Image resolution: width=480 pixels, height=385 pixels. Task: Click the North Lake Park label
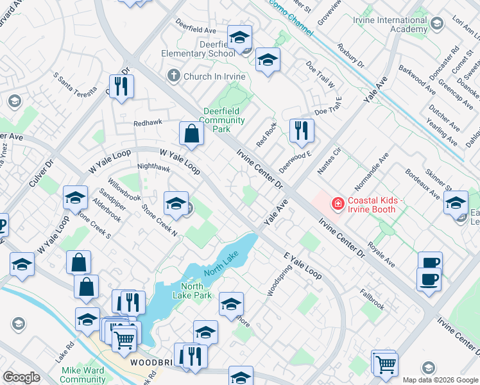[x=192, y=291]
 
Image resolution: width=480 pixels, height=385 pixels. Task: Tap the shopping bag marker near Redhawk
[x=191, y=134]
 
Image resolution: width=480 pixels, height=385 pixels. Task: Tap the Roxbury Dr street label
[x=350, y=56]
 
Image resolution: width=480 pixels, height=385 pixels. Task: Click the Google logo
[x=21, y=377]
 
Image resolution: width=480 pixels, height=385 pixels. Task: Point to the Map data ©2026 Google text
[x=440, y=380]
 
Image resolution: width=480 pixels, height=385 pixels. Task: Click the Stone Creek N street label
[x=159, y=218]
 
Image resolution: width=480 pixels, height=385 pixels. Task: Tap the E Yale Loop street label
[x=303, y=264]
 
